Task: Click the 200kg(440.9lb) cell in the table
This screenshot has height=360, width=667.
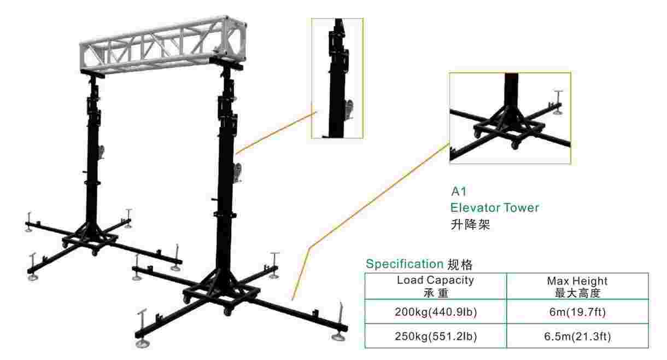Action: [x=435, y=313]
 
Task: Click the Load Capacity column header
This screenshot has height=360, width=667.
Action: [x=435, y=286]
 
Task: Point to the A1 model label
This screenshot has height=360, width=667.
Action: [x=458, y=192]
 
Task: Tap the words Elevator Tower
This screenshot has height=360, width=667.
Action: [x=495, y=208]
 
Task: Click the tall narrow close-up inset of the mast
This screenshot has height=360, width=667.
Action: [x=337, y=78]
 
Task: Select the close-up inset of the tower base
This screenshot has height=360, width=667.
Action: [x=510, y=118]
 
